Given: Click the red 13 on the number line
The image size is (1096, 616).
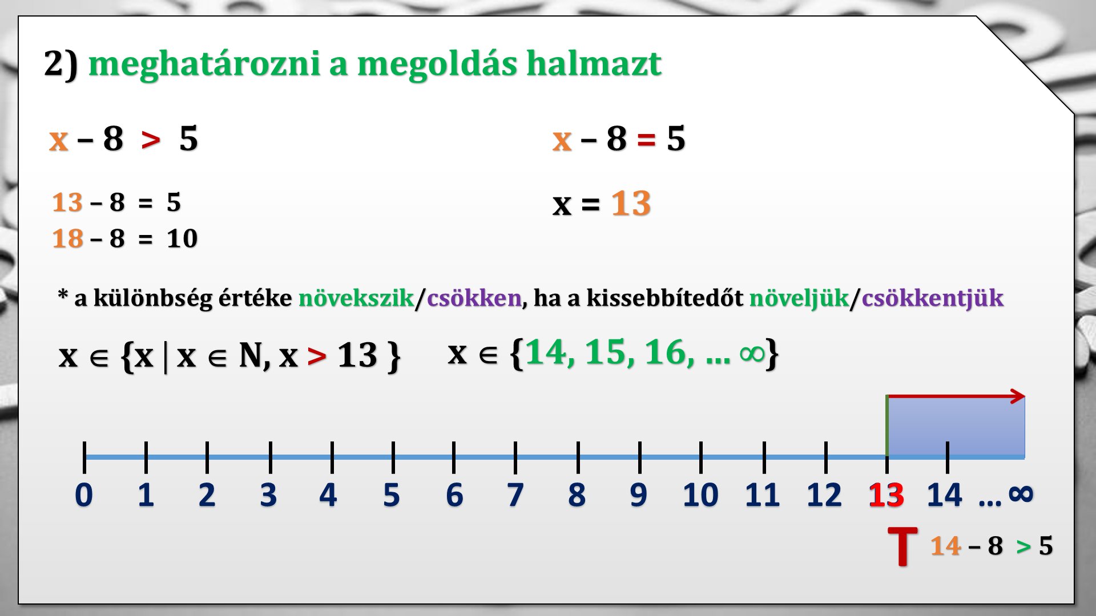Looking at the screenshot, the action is click(886, 495).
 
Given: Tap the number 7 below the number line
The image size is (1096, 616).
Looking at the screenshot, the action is click(515, 495).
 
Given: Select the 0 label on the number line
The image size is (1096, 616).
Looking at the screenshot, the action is click(84, 495).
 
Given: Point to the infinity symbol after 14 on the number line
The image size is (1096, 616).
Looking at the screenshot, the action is click(1021, 493).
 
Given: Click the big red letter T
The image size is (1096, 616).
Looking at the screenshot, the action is click(902, 546).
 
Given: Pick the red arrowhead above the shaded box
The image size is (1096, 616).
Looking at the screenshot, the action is click(1017, 396).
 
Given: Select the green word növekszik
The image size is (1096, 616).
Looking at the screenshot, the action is click(356, 298).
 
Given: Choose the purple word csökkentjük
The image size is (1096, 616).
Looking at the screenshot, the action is click(933, 298).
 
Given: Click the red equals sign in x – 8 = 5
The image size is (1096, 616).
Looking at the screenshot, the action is click(646, 139).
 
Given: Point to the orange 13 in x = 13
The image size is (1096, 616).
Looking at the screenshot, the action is click(631, 203).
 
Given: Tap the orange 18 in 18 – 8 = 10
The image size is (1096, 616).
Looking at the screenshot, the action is click(67, 238).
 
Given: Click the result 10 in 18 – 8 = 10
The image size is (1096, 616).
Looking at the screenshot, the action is click(182, 238).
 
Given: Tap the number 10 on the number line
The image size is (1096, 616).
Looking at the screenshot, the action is click(700, 495).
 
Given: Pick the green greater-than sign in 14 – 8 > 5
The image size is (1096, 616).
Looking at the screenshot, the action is click(1024, 547).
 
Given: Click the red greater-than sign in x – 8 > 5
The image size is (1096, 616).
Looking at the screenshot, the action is click(151, 140).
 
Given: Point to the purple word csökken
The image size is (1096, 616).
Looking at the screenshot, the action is click(474, 298).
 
